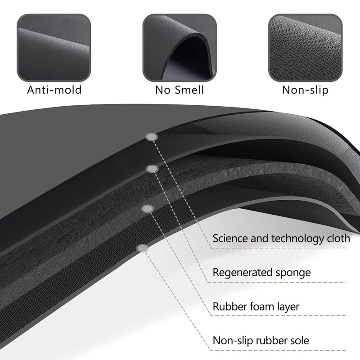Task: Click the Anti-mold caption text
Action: (54, 90)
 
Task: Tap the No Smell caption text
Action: (180, 90)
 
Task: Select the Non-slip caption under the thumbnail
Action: (305, 90)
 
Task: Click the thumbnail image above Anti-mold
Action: (54, 48)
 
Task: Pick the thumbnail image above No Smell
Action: (180, 48)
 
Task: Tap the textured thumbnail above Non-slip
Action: (306, 48)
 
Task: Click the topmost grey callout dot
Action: (152, 137)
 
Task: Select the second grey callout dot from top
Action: (152, 169)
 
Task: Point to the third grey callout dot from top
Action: (148, 209)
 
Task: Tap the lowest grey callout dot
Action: (143, 248)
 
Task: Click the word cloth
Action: (338, 238)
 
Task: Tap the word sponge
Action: (293, 273)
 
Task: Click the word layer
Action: (288, 307)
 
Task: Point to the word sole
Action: (300, 340)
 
